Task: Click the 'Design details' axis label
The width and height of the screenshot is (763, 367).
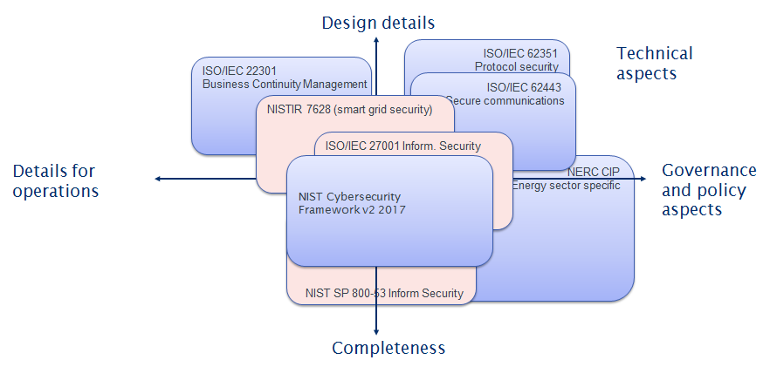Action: pos(378,22)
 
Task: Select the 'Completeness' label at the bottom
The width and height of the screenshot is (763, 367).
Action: pos(388,348)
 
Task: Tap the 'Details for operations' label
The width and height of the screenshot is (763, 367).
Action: pos(54,180)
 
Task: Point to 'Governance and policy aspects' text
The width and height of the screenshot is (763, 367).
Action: pos(708,189)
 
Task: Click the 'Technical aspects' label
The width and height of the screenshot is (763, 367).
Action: pos(654,64)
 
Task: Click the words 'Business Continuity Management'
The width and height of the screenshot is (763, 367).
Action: pos(285,85)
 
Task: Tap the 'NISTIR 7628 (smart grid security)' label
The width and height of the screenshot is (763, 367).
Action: pos(349,110)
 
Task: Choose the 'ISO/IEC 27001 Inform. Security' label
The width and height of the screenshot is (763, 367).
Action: pos(402,146)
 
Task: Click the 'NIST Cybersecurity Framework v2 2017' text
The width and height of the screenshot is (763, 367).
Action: pos(352,203)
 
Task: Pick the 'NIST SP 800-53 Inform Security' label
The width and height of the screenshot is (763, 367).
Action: pos(385,293)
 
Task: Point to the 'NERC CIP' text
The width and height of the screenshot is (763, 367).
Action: pos(594,172)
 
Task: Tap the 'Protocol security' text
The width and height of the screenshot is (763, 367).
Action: pos(522,65)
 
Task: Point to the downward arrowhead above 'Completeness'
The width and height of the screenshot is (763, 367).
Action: pos(376,330)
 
